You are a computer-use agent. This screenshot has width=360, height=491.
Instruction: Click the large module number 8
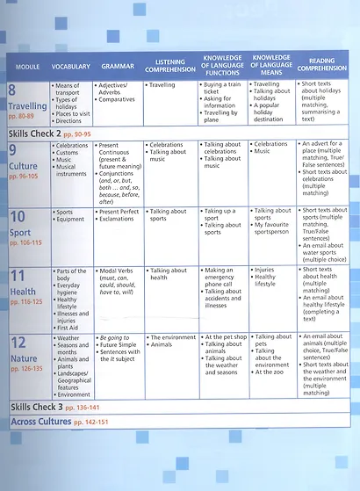click(x=13, y=90)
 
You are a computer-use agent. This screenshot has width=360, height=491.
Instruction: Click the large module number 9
click(x=13, y=150)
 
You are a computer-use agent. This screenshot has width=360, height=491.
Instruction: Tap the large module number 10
click(x=18, y=217)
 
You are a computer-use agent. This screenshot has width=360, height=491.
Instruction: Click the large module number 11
click(x=18, y=277)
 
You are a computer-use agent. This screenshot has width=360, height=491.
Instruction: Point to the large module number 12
click(x=18, y=343)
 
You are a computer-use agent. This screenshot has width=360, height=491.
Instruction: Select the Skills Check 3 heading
click(x=34, y=408)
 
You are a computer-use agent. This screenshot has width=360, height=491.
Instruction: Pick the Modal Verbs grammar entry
click(x=119, y=271)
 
